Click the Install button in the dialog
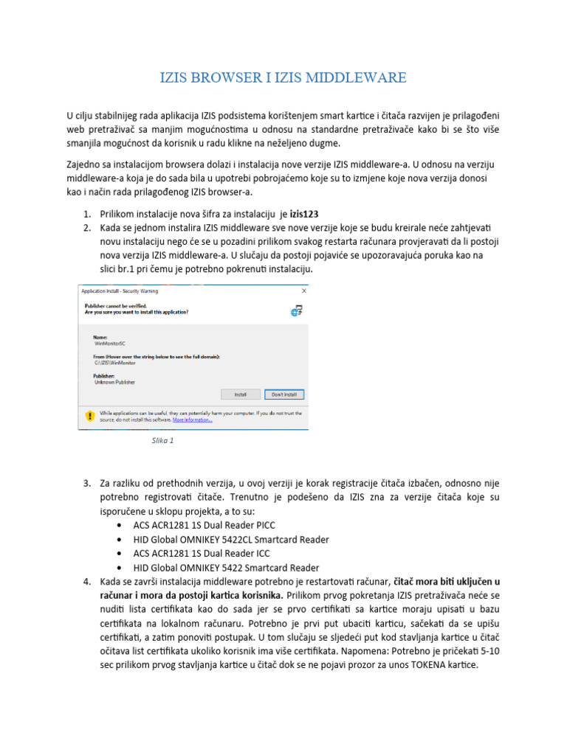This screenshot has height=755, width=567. point(240,394)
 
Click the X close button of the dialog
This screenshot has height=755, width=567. point(303,290)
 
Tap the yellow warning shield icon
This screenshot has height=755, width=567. point(90,416)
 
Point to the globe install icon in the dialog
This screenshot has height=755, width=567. point(297,310)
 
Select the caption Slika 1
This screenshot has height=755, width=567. point(162,440)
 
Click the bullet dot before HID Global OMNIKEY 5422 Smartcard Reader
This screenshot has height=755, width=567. point(120,568)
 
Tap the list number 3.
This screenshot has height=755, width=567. point(86,483)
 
